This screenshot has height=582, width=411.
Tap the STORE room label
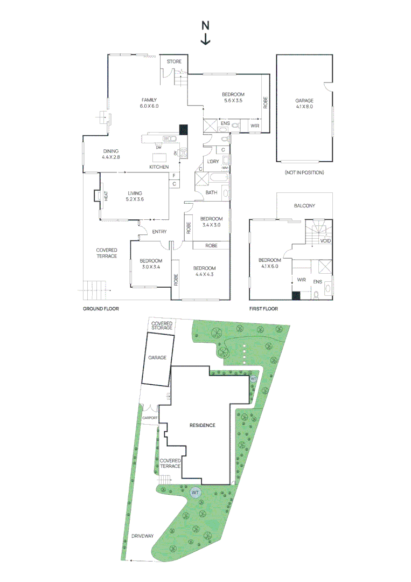174,62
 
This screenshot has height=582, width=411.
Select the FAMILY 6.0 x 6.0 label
149,103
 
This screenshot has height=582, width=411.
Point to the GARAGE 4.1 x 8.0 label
304,103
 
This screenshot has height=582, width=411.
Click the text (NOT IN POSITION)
304,172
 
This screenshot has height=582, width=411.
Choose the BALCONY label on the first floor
304,206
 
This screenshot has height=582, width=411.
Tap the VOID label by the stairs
325,241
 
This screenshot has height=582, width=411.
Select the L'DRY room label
212,162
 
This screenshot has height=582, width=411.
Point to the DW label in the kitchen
158,148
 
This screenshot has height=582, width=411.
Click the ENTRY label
159,232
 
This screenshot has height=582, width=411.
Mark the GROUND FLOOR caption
101,309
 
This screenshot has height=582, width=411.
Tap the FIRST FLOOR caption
263,309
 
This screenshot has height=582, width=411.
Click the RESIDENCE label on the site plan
203,425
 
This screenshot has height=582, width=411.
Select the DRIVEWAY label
142,536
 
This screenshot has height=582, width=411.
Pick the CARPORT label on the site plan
149,418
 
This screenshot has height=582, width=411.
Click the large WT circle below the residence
195,492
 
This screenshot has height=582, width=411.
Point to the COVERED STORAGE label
162,325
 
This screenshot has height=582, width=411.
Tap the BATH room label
211,192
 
